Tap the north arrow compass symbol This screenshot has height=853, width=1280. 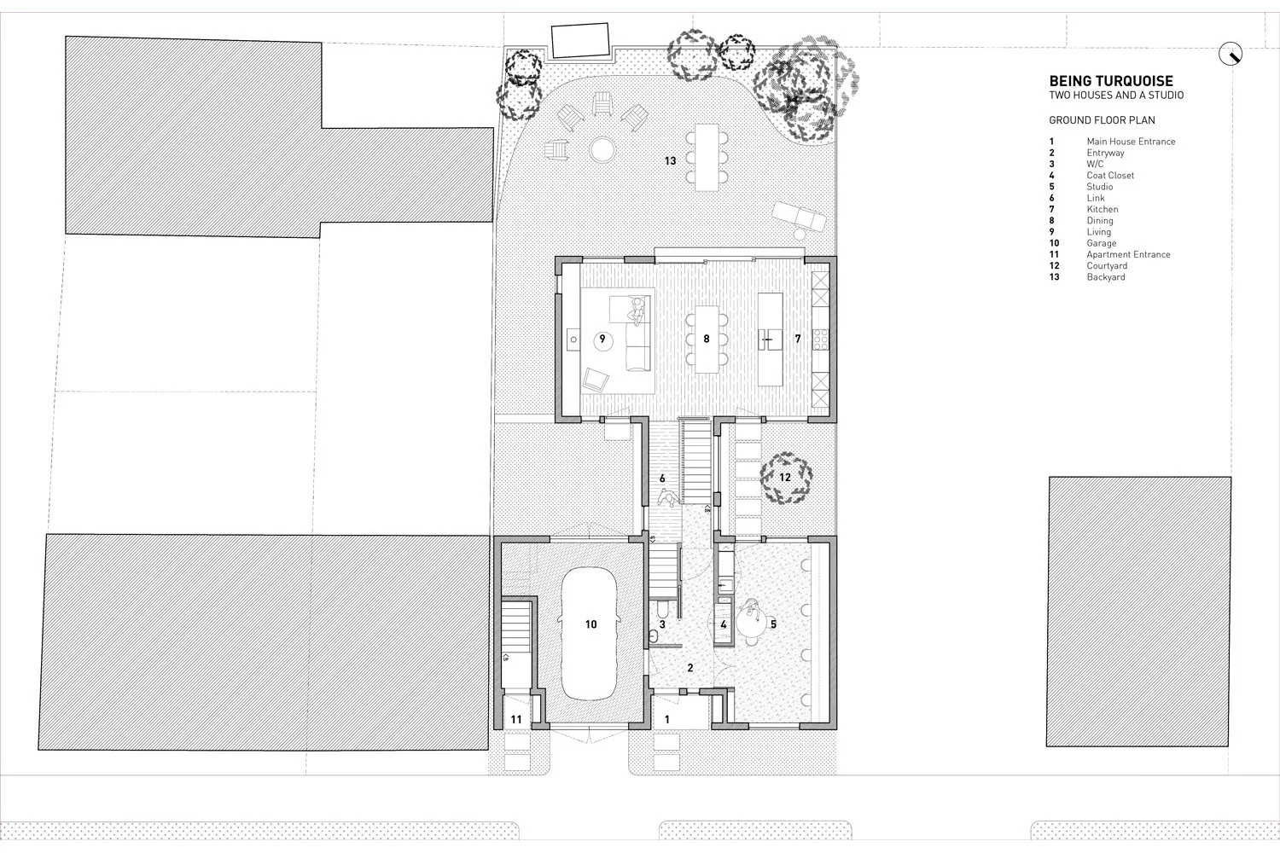point(1231,55)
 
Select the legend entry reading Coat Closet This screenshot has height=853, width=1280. point(1110,176)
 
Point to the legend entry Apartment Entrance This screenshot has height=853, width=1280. point(1128,254)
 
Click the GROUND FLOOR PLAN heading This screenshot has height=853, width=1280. point(1102,120)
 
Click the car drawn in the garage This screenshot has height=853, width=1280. point(591,631)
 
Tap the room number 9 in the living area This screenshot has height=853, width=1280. point(602,339)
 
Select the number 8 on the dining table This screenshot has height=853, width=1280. point(707,339)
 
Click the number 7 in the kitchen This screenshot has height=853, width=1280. point(798,339)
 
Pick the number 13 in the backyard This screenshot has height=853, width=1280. point(671,160)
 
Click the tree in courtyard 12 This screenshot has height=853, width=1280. point(784,478)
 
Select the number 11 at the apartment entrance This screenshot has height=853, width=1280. point(516,720)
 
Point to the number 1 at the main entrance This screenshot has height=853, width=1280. point(667,720)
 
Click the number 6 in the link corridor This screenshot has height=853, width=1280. point(662,479)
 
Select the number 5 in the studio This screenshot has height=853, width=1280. point(774,624)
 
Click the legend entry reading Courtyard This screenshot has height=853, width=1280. point(1107,266)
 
